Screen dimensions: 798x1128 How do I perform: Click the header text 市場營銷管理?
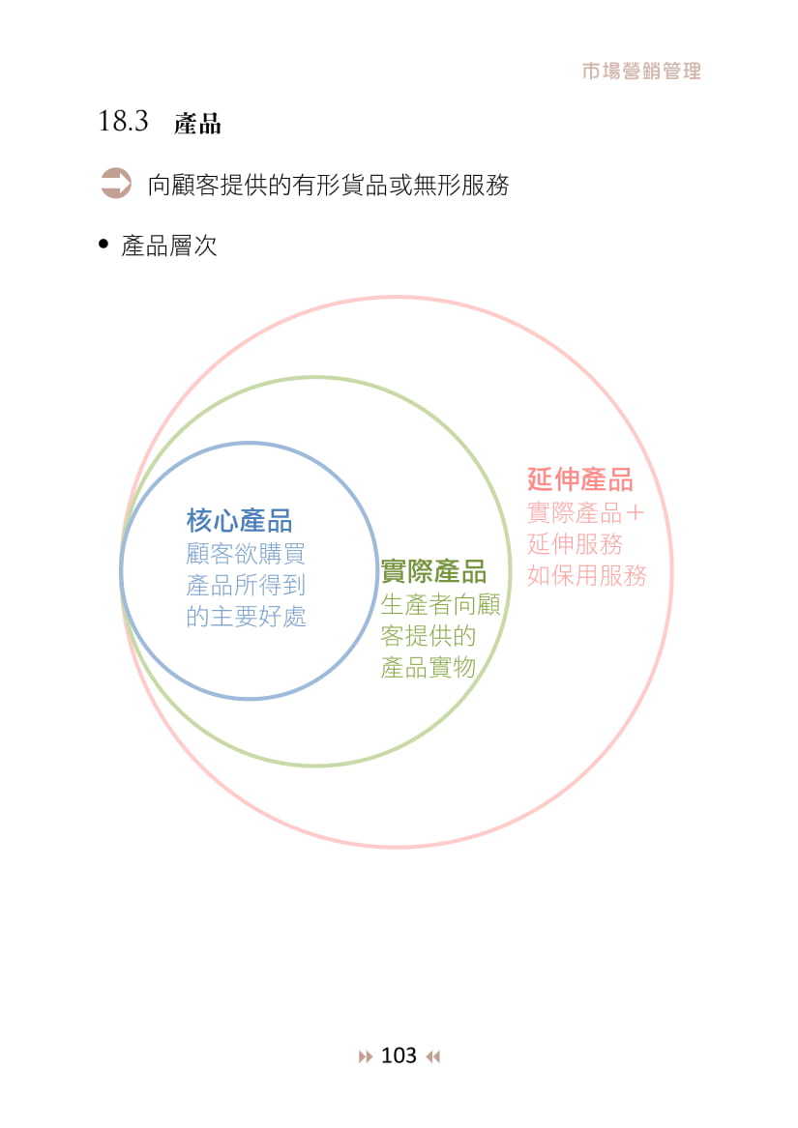(641, 71)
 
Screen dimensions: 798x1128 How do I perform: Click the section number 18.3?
(123, 122)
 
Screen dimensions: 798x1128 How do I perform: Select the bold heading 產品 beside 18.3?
(197, 124)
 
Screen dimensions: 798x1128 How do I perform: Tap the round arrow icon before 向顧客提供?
(116, 184)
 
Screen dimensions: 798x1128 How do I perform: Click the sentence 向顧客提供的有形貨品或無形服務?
(328, 185)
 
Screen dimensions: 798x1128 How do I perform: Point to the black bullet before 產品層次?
(103, 245)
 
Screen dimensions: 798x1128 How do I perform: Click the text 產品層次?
(169, 246)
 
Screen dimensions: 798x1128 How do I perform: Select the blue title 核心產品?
(239, 521)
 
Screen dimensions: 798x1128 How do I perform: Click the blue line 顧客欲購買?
(246, 554)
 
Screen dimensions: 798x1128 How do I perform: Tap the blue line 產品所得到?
(246, 585)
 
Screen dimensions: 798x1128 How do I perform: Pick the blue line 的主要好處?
(246, 616)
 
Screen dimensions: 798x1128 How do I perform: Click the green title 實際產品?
(433, 571)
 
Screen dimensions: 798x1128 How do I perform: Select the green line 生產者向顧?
(440, 605)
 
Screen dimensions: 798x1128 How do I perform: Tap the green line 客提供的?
(429, 636)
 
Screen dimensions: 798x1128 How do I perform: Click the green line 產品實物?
(429, 667)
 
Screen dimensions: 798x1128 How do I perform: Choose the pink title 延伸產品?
(580, 479)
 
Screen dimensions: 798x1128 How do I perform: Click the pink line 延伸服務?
(575, 543)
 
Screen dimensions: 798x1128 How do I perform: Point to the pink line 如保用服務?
(586, 575)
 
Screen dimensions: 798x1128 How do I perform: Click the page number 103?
(399, 1056)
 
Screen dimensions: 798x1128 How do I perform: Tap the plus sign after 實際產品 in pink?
(635, 512)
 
